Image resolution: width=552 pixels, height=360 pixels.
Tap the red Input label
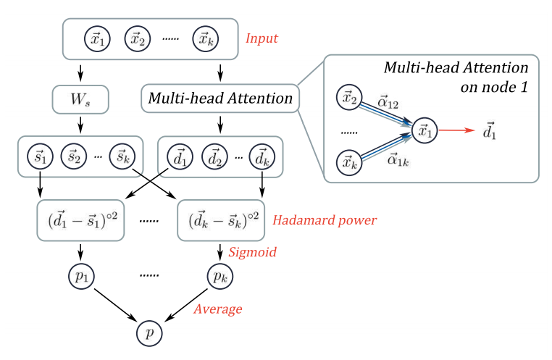click(262, 38)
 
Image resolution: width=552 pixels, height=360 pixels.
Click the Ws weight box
click(80, 98)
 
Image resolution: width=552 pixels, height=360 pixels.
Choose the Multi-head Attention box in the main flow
click(219, 98)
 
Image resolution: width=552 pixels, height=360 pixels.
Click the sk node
click(120, 155)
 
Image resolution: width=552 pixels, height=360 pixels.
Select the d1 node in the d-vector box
click(176, 155)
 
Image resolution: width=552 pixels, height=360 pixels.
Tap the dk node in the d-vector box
click(259, 155)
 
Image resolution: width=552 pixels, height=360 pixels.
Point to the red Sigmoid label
click(251, 251)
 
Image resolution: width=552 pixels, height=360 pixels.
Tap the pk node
click(220, 277)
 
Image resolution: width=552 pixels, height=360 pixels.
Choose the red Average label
click(217, 309)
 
